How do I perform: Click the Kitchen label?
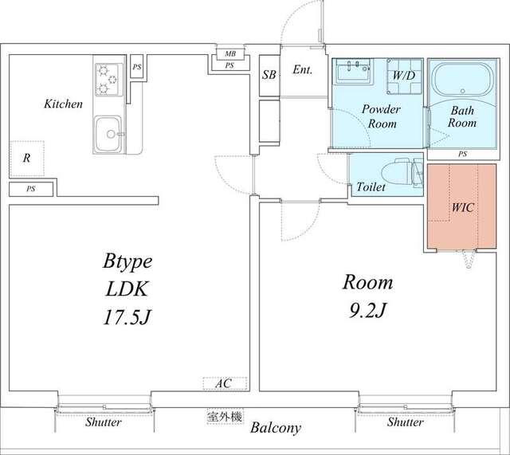point(64,104)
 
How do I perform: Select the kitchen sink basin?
point(108,134)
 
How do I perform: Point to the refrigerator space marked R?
point(26,159)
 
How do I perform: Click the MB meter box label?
point(230,53)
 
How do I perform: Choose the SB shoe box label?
point(269,75)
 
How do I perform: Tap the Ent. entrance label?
point(303,69)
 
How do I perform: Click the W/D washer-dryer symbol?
point(404,76)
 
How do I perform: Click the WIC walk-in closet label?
point(463,207)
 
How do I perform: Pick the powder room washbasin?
point(353,71)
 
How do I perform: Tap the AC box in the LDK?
point(225,383)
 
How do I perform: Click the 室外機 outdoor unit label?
point(225,417)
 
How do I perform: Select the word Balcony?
point(276,428)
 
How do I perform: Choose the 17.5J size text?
point(127,317)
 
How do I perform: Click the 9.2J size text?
point(367,311)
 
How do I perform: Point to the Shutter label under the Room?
point(406,422)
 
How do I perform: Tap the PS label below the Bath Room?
point(462,154)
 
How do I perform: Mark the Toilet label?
point(371,186)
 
